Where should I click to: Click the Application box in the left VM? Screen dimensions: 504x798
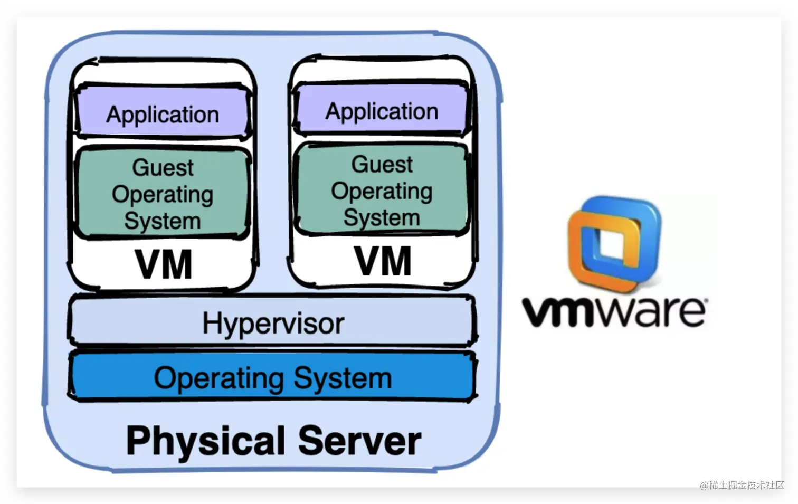coord(163,114)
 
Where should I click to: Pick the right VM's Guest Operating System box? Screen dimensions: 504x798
coord(382,191)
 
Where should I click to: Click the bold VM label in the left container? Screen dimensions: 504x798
coord(164,264)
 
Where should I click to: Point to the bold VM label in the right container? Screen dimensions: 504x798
coord(383,261)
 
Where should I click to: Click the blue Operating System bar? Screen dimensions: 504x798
coord(273,378)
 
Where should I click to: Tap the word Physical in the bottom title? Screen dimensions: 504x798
coord(206,441)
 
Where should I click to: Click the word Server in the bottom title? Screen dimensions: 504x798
coord(359,440)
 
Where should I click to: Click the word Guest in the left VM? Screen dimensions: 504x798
coord(163,167)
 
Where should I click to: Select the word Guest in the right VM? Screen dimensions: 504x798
coord(382,164)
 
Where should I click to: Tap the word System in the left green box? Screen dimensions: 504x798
coord(163,221)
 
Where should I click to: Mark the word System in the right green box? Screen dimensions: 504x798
coord(382,217)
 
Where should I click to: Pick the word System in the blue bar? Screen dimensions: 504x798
coord(343,378)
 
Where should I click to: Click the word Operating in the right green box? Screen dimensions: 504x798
coord(382,191)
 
